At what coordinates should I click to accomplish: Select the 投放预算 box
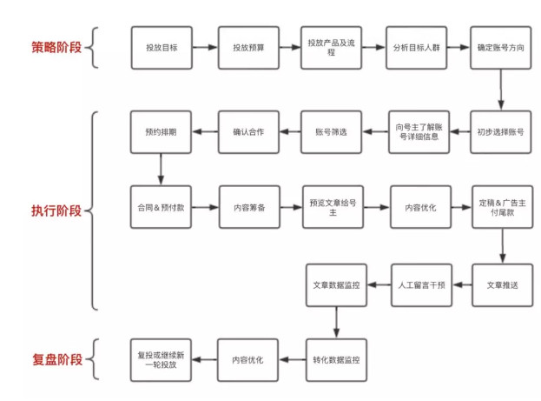[247, 48]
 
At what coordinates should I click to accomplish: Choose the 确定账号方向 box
[501, 48]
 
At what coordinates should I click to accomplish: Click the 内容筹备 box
[247, 208]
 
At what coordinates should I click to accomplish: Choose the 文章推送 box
[501, 284]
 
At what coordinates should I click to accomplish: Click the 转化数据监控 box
[335, 358]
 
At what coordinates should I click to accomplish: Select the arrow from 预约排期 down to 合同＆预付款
[161, 170]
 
